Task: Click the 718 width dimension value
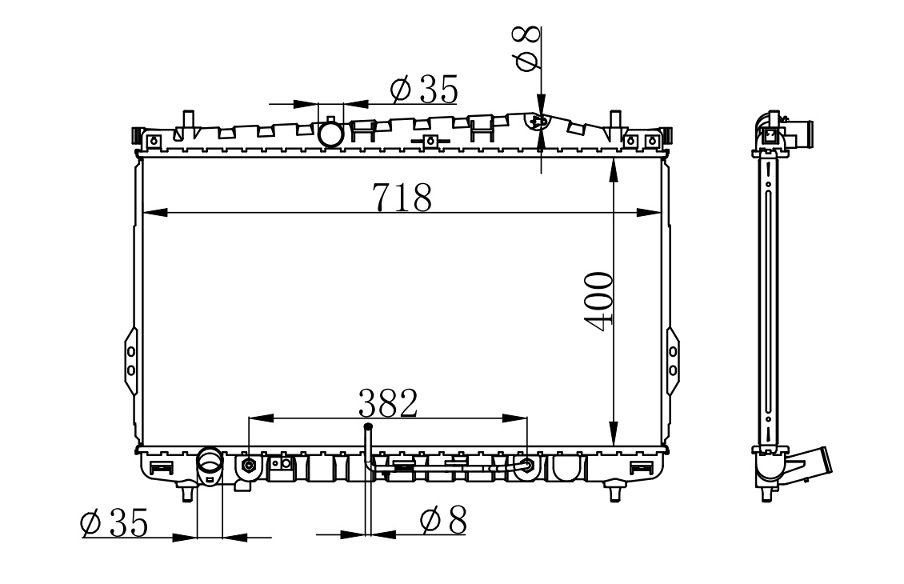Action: click(x=402, y=197)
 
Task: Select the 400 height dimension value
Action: click(x=598, y=301)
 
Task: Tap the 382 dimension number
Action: click(x=387, y=403)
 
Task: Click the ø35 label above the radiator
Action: click(x=424, y=89)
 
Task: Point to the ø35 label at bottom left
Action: click(x=114, y=522)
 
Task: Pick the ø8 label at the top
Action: click(x=528, y=49)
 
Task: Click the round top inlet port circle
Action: click(x=331, y=134)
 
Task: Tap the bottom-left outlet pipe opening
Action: click(x=210, y=461)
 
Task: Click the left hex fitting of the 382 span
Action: click(x=249, y=465)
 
